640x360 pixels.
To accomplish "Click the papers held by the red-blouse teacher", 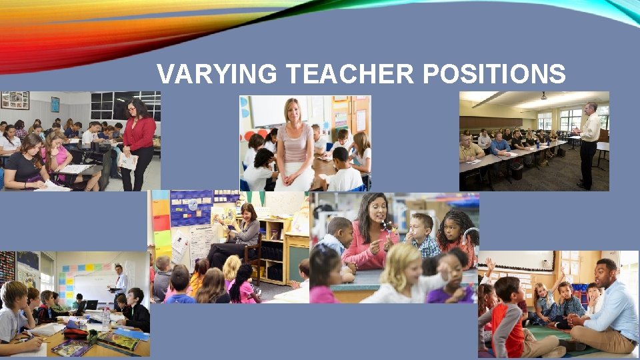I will point(127,161).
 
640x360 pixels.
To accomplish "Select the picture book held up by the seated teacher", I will point(223,214).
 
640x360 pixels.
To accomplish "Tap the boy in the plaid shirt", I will point(424,237).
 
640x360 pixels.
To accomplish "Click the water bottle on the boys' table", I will point(106,319).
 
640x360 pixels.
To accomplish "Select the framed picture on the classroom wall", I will point(15,101).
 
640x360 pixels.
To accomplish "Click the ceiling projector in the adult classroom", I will point(543,95).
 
